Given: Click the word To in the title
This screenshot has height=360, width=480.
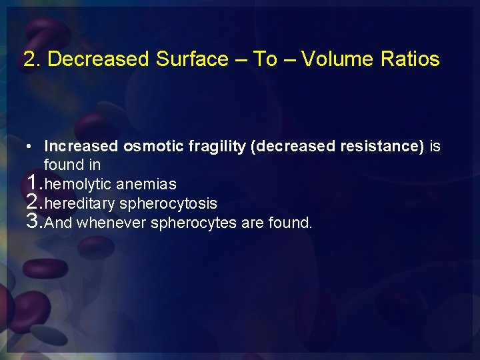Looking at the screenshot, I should [x=265, y=59].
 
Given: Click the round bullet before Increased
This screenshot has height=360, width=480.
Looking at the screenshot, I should [x=31, y=146].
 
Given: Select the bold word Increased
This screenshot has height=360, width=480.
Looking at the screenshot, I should [x=81, y=146].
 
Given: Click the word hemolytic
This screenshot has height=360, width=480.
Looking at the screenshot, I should [x=79, y=185].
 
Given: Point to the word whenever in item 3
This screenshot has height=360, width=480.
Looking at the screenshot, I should [x=111, y=223].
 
